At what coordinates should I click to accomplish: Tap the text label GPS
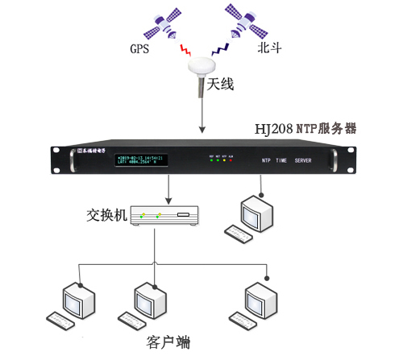tap(140, 48)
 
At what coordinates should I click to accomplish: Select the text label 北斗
tap(268, 48)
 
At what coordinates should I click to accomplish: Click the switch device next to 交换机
tap(166, 216)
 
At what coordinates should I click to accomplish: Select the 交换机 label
tap(106, 216)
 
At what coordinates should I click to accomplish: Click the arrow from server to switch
tap(167, 189)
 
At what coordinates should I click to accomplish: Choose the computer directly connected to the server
tap(253, 213)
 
